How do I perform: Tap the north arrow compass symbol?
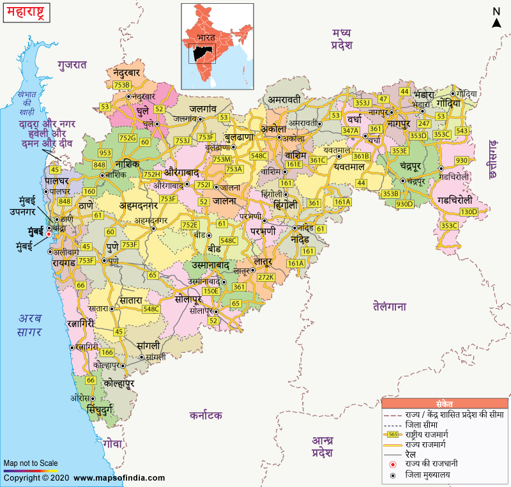pyautogui.click(x=496, y=18)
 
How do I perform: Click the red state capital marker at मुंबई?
pyautogui.click(x=49, y=235)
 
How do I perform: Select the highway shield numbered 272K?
pyautogui.click(x=266, y=277)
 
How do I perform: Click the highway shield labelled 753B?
pyautogui.click(x=121, y=84)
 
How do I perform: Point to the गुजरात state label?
pyautogui.click(x=72, y=65)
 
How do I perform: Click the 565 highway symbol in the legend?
pyautogui.click(x=394, y=434)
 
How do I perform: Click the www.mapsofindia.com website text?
pyautogui.click(x=119, y=477)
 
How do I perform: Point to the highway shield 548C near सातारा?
pyautogui.click(x=151, y=309)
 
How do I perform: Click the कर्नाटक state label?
pyautogui.click(x=206, y=415)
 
